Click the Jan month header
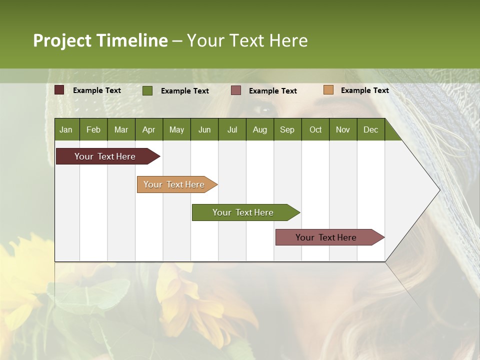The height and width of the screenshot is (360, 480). (66, 130)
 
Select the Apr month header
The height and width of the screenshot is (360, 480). (148, 130)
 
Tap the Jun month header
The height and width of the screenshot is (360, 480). (204, 130)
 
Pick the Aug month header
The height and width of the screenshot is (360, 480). (259, 130)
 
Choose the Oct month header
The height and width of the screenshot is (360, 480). (315, 130)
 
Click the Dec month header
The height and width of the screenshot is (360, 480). (370, 130)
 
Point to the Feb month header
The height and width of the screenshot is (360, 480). (93, 130)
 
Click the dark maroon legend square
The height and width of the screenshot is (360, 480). (59, 90)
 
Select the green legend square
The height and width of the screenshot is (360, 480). (147, 90)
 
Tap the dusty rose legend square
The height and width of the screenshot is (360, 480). (236, 90)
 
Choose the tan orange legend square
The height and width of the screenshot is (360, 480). (328, 90)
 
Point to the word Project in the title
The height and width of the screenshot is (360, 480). (62, 40)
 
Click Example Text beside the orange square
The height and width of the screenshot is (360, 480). (364, 90)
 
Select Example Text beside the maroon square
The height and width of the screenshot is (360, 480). (96, 90)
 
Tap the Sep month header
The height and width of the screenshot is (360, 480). (287, 130)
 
